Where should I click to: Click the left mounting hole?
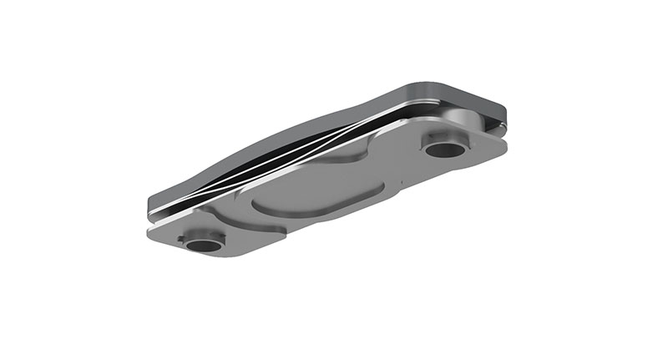coord(203,245)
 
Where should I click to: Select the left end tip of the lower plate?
coord(150,228)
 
